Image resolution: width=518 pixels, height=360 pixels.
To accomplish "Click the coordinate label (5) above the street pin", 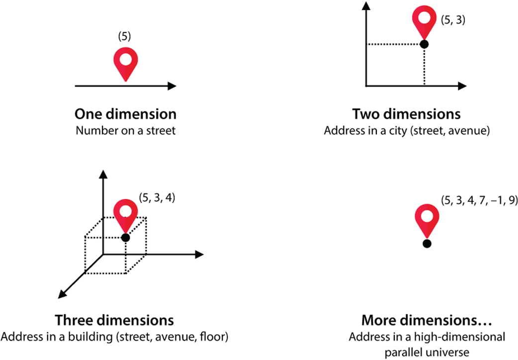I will [x=125, y=37].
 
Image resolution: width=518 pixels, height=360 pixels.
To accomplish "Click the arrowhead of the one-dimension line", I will [x=172, y=86].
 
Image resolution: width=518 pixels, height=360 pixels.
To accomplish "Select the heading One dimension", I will [x=125, y=114].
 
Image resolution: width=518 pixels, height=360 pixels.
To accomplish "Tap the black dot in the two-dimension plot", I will [x=424, y=44].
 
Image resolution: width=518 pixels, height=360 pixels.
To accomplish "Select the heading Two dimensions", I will [x=407, y=114].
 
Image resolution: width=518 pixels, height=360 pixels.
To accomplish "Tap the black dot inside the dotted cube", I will [x=125, y=238].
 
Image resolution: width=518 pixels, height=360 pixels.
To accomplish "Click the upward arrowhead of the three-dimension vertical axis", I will [x=103, y=174].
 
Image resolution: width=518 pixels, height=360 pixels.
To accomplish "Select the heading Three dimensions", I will [x=114, y=319].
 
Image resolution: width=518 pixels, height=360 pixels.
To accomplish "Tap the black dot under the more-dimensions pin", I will [x=426, y=244].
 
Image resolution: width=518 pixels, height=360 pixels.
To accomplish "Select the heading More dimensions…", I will [x=427, y=319].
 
